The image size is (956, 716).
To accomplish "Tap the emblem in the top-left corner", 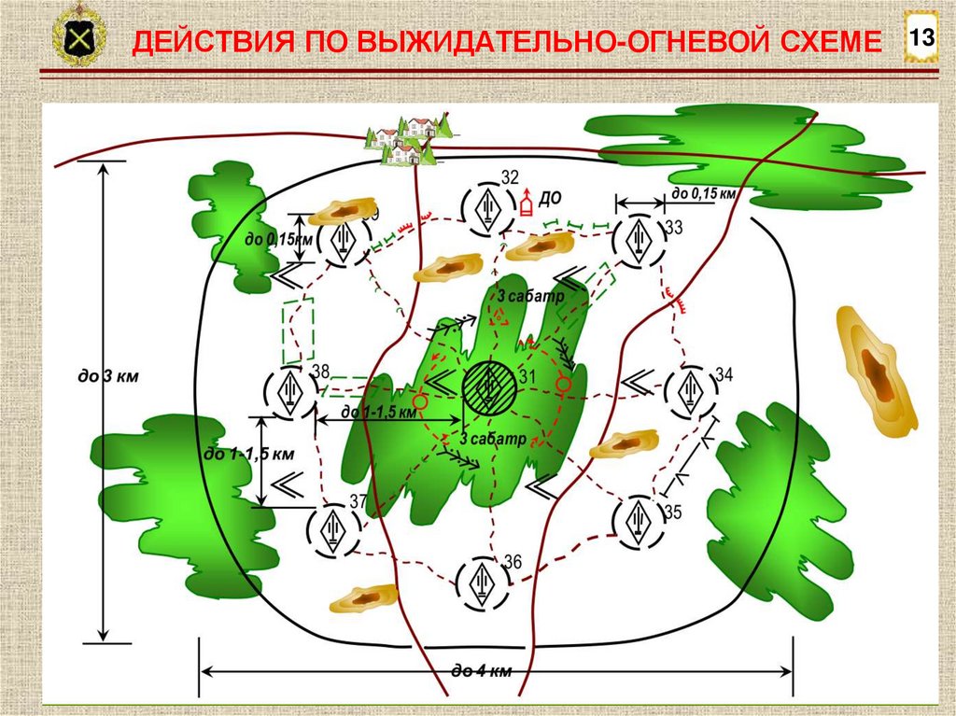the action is coord(78,39).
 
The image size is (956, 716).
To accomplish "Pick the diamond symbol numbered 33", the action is coord(640,240).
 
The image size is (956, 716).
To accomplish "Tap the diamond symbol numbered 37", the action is coord(333,529).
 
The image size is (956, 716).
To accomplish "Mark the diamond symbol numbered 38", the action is coord(288,391).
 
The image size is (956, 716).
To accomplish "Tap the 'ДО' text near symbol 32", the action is coord(550,199).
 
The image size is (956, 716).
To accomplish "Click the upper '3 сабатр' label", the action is coord(529,297).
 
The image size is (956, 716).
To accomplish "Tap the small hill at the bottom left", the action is coord(364,597).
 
